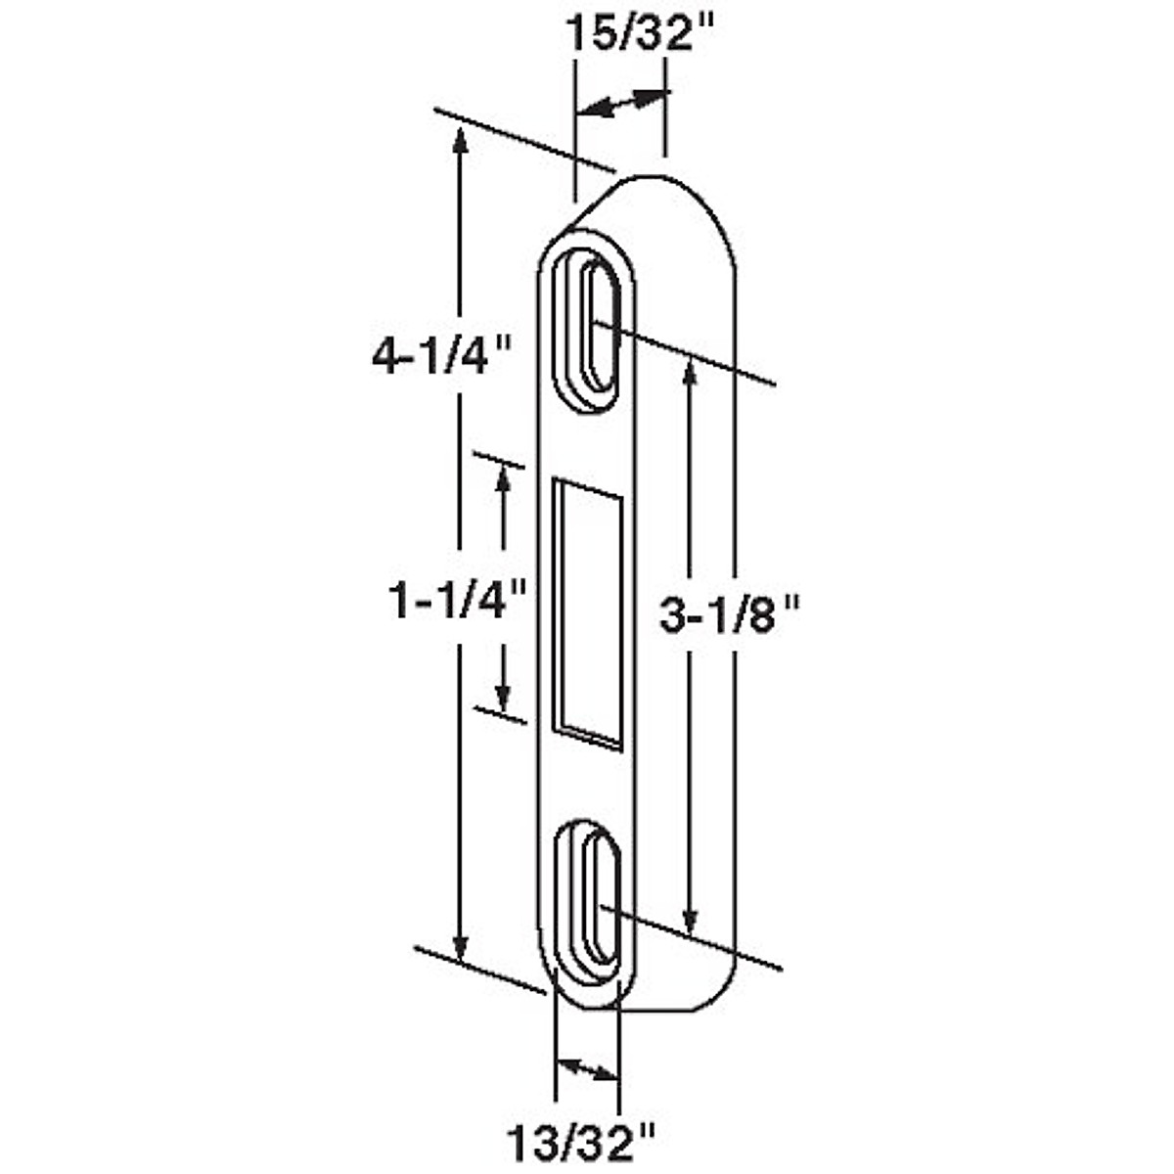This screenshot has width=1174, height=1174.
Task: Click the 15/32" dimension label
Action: click(x=640, y=34)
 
